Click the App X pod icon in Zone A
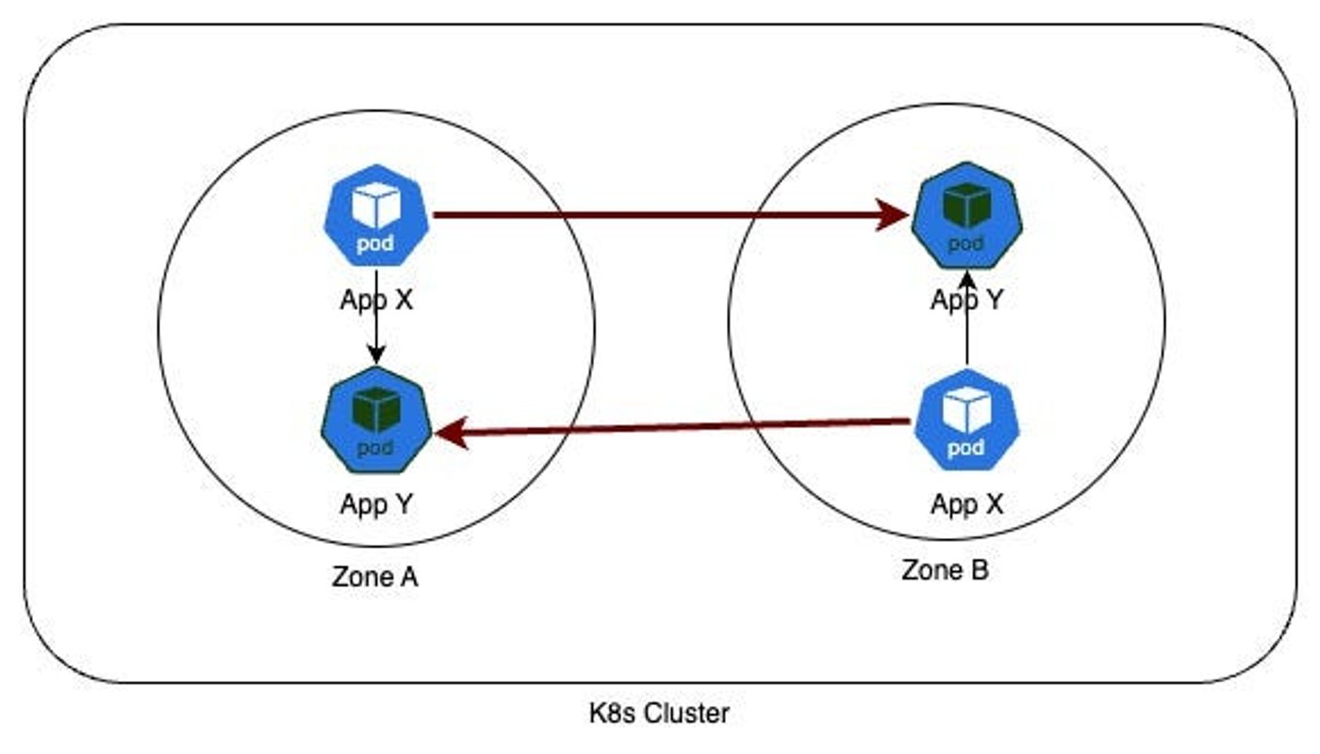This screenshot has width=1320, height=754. point(376,216)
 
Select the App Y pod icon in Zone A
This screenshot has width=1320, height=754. point(376,420)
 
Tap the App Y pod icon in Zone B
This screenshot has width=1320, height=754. point(967,216)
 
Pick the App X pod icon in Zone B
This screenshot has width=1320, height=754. point(967,420)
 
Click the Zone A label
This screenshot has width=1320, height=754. point(375,577)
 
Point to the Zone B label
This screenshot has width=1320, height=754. point(945,569)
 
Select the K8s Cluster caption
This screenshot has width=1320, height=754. point(659,713)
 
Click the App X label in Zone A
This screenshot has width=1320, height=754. point(376,300)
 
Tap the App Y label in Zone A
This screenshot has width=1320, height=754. point(376,503)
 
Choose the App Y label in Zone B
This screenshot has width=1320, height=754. point(967,300)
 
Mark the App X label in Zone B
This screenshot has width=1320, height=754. point(967,503)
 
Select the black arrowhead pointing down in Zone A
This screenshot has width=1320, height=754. point(376,354)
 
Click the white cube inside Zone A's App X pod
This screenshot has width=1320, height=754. point(376,205)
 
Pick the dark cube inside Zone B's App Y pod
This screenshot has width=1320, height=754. point(967,205)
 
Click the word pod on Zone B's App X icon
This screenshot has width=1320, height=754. point(965,449)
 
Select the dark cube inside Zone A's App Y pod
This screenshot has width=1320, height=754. point(376,409)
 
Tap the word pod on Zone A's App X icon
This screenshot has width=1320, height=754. point(375,243)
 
